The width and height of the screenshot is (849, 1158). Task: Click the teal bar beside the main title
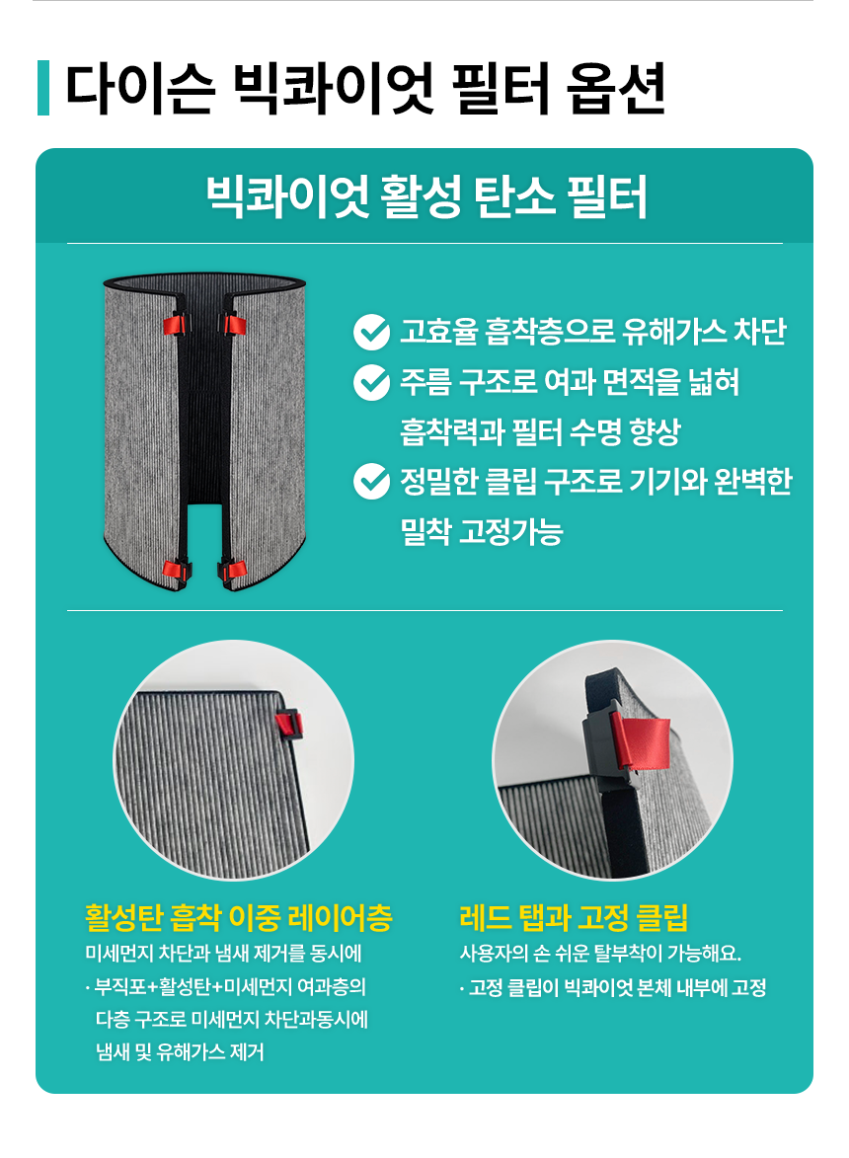42,88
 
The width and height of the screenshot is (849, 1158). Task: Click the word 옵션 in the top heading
616,89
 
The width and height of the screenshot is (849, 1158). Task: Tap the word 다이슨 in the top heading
140,89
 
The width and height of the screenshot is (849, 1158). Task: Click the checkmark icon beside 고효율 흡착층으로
371,333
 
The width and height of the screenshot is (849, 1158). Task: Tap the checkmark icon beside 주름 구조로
371,383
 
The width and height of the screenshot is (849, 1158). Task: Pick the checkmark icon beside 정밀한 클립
371,482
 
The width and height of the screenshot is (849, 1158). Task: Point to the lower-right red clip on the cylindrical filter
233,571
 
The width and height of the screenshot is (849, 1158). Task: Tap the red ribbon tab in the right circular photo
640,743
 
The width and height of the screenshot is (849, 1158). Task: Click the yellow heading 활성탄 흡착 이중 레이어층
239,918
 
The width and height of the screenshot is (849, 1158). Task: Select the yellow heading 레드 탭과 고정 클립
574,918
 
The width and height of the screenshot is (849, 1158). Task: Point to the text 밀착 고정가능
482,531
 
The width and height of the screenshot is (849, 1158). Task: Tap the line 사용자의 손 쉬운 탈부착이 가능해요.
600,954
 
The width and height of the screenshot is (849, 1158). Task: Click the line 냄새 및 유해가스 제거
180,1051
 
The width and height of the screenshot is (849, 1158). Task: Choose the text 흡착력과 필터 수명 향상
540,432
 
